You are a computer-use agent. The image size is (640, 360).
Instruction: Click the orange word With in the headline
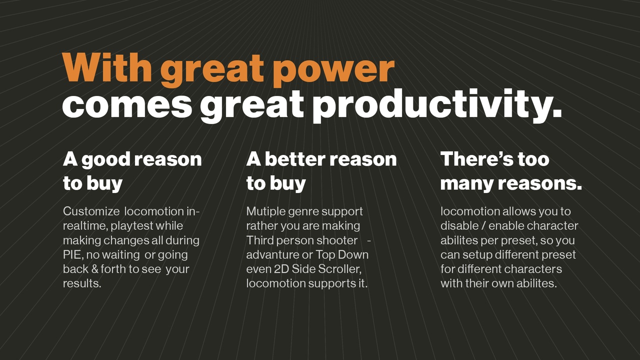tap(107, 67)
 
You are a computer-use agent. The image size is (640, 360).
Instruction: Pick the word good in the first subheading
tap(106, 159)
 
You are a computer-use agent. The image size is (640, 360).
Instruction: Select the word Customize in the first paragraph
tap(91, 211)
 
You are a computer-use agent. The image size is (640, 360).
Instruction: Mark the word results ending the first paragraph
tap(82, 283)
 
